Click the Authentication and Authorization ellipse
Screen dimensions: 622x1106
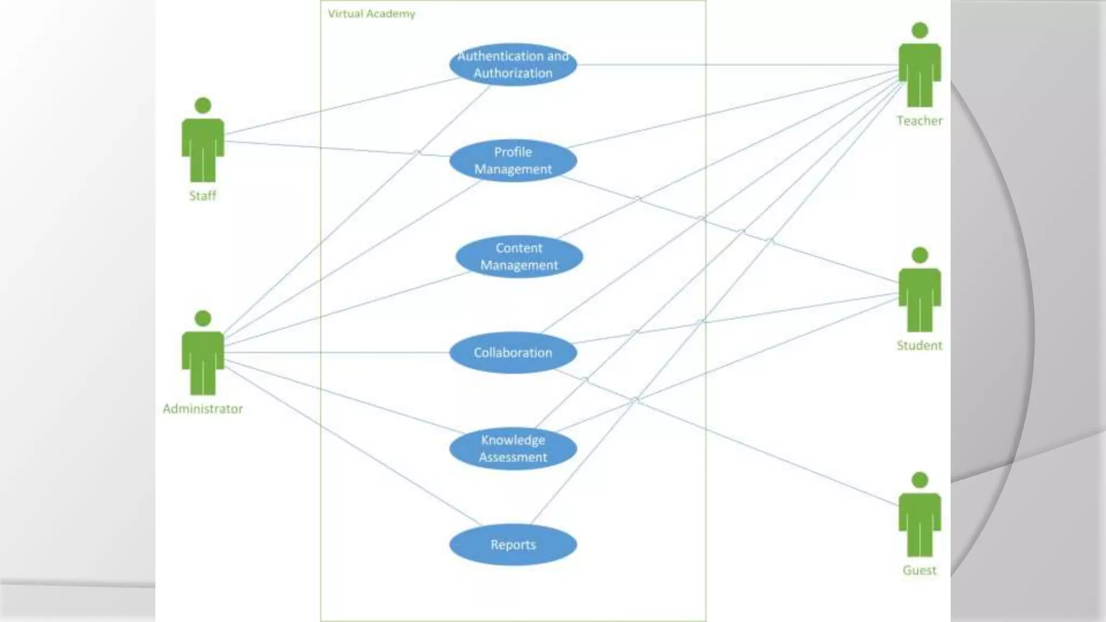512,64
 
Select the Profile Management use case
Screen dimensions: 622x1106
512,160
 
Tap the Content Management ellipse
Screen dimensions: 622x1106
519,256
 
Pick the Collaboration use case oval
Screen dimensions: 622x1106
512,353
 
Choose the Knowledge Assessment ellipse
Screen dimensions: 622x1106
512,449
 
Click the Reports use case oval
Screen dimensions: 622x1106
512,545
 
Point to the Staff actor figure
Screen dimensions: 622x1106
203,146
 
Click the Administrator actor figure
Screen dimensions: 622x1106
203,359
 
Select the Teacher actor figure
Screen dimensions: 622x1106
919,70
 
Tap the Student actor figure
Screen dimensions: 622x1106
919,296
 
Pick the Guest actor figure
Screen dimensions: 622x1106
919,521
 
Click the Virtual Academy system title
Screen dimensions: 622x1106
372,13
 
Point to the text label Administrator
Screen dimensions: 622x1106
203,409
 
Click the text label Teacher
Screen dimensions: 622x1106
919,121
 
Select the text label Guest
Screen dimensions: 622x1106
919,570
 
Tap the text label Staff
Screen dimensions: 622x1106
203,196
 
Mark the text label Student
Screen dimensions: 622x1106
919,346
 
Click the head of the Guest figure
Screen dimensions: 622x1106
919,480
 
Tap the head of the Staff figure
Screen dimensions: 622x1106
203,105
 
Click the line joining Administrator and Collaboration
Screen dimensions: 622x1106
335,353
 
